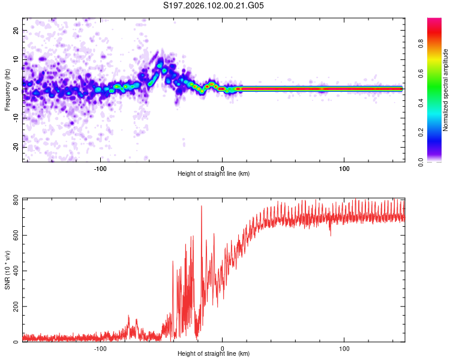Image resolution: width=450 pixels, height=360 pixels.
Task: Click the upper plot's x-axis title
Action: point(214,174)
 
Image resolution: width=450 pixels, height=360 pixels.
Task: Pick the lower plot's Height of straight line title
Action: point(214,354)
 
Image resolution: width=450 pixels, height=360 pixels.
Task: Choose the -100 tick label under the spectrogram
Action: point(100,167)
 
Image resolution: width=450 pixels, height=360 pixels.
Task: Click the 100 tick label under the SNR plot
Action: point(344,348)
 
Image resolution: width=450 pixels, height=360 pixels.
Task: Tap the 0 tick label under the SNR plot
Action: point(223,348)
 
